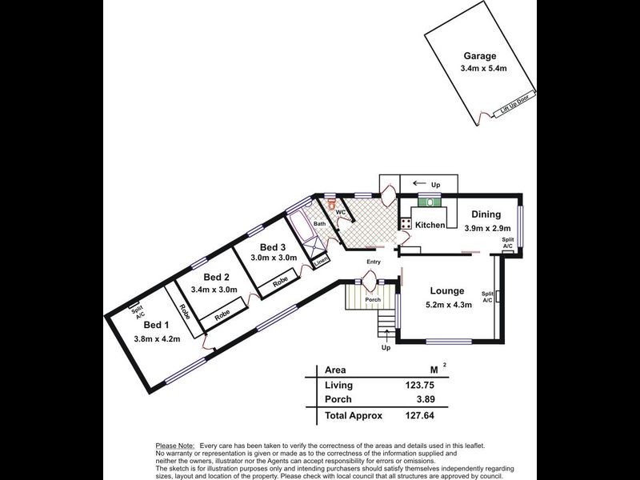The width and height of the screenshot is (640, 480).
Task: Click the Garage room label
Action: click(x=479, y=57)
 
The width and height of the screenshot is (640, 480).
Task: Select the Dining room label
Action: click(x=486, y=214)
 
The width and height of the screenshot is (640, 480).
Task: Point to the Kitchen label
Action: click(x=430, y=226)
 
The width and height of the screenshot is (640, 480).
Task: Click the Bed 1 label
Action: click(x=156, y=325)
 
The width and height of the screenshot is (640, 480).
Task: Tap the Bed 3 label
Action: click(x=273, y=246)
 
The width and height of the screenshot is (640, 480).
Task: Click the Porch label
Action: click(x=373, y=300)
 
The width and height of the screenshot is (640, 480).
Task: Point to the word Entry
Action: click(x=374, y=262)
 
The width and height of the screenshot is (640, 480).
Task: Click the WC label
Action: click(x=340, y=212)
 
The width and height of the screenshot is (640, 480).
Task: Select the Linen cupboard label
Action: click(x=320, y=261)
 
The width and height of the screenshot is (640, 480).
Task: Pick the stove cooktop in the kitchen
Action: click(x=406, y=223)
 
